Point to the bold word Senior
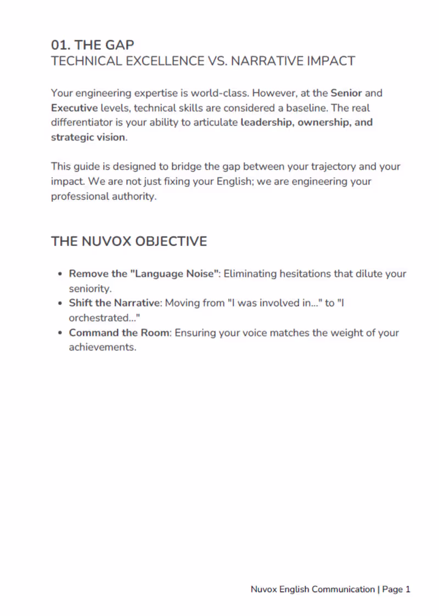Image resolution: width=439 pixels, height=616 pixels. [346, 93]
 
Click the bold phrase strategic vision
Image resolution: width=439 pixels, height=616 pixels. [88, 137]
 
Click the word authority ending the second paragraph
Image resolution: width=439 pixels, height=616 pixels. [134, 196]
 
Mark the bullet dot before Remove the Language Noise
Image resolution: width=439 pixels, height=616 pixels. [60, 274]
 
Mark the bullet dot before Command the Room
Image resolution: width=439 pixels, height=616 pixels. [60, 333]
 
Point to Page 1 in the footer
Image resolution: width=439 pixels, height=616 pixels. [396, 590]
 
